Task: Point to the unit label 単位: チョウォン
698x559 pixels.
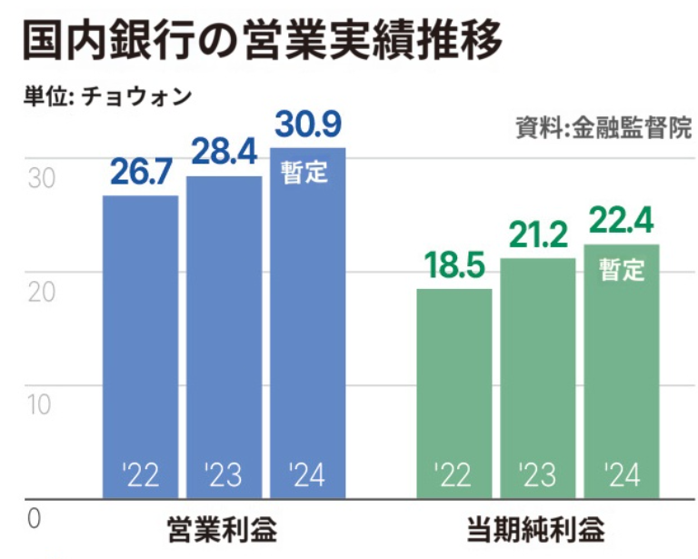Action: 108,96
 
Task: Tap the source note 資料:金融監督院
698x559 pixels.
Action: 603,127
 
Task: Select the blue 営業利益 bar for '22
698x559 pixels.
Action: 140,345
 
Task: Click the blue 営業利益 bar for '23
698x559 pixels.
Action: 224,336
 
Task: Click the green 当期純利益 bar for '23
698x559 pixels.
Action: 537,377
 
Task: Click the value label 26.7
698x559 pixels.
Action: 140,173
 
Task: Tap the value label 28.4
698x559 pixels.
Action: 224,153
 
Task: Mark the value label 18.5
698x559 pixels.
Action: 454,266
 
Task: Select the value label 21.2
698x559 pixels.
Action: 537,235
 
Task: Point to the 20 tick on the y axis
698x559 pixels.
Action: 40,293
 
